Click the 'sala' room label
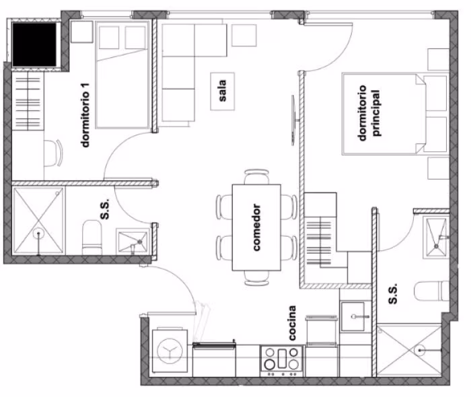(x=223, y=91)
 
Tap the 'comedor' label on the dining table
(x=256, y=227)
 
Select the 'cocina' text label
(x=291, y=323)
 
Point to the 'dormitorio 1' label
(x=85, y=115)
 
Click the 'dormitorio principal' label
(x=369, y=113)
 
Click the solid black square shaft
(x=34, y=44)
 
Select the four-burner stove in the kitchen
(x=282, y=361)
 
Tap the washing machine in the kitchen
(x=170, y=351)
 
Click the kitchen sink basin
(x=353, y=316)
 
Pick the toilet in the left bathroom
(x=92, y=238)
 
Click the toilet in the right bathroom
(x=431, y=291)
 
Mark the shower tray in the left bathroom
(x=38, y=220)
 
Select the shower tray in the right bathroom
(x=409, y=350)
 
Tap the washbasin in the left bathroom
(x=133, y=241)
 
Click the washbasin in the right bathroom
(x=436, y=237)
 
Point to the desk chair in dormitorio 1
(x=53, y=153)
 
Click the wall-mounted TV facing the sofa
(x=293, y=120)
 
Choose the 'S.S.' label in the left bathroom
(x=104, y=209)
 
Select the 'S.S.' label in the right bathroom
(x=392, y=293)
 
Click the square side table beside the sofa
(x=244, y=36)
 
